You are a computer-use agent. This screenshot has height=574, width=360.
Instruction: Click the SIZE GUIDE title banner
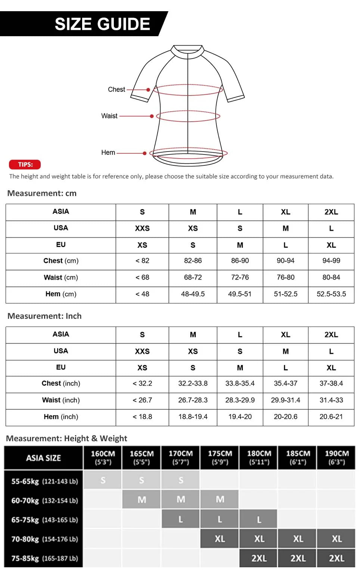pyautogui.click(x=102, y=24)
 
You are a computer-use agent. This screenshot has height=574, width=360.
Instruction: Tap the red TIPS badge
pyautogui.click(x=25, y=165)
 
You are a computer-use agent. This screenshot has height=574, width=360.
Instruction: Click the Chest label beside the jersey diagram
pyautogui.click(x=117, y=90)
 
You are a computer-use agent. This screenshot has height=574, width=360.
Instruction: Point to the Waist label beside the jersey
pyautogui.click(x=109, y=116)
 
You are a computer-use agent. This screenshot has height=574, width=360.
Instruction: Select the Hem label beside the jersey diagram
pyautogui.click(x=108, y=153)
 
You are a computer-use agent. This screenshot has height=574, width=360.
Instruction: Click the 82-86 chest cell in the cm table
pyautogui.click(x=193, y=261)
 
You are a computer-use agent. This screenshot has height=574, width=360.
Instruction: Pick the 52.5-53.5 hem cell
pyautogui.click(x=331, y=294)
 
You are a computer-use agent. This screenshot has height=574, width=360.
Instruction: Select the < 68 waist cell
pyautogui.click(x=142, y=278)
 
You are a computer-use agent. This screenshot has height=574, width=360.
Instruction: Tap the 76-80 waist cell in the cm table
pyautogui.click(x=286, y=278)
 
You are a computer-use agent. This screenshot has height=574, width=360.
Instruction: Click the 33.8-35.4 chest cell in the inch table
pyautogui.click(x=240, y=384)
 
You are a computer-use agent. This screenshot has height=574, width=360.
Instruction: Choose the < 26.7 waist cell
pyautogui.click(x=142, y=400)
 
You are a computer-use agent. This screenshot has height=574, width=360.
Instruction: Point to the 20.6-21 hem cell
pyautogui.click(x=331, y=417)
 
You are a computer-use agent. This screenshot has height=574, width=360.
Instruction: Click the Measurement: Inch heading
pyautogui.click(x=44, y=316)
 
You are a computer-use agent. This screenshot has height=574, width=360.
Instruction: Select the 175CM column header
pyautogui.click(x=220, y=458)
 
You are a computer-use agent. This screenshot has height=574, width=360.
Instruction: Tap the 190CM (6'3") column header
pyautogui.click(x=336, y=458)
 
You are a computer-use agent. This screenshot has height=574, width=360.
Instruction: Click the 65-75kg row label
pyautogui.click(x=44, y=520)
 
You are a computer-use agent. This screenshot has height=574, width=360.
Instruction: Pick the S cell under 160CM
pyautogui.click(x=103, y=480)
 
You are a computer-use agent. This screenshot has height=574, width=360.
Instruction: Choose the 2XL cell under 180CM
pyautogui.click(x=259, y=558)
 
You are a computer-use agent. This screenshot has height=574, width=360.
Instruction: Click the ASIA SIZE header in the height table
pyautogui.click(x=43, y=458)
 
